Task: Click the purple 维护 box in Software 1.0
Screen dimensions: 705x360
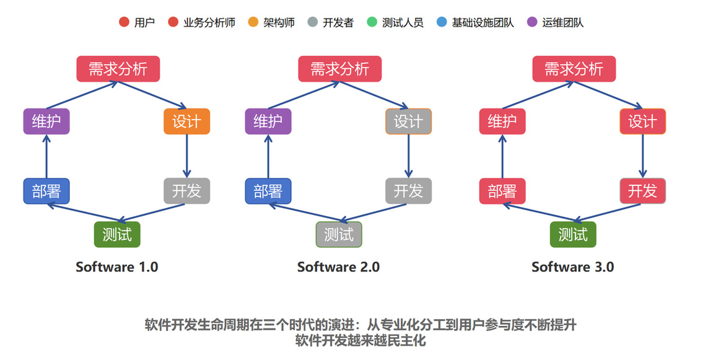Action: point(46,121)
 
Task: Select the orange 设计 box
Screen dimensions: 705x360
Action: point(186,121)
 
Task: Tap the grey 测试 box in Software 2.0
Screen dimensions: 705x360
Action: point(339,235)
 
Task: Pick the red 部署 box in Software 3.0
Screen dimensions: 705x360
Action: point(502,191)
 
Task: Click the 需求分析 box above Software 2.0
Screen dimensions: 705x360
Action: point(340,69)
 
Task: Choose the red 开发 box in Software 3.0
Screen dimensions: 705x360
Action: point(642,191)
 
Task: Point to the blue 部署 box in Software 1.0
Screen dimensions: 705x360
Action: point(46,191)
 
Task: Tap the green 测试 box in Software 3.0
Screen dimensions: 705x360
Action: point(573,235)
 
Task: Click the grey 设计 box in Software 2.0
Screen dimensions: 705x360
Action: point(408,121)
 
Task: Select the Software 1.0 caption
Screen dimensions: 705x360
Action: point(117,267)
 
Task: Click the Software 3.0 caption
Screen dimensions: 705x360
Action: point(573,267)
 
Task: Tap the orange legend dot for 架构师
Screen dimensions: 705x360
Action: point(253,22)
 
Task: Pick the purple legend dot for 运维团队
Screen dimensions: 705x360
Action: point(532,22)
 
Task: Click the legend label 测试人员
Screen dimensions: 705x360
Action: point(403,22)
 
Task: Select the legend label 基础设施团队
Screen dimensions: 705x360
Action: point(483,22)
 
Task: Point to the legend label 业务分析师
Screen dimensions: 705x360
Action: point(209,22)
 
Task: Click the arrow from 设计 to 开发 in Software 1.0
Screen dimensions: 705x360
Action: point(186,156)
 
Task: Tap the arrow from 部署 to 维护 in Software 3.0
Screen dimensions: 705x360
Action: point(502,156)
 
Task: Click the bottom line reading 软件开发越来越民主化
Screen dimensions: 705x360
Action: point(361,340)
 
